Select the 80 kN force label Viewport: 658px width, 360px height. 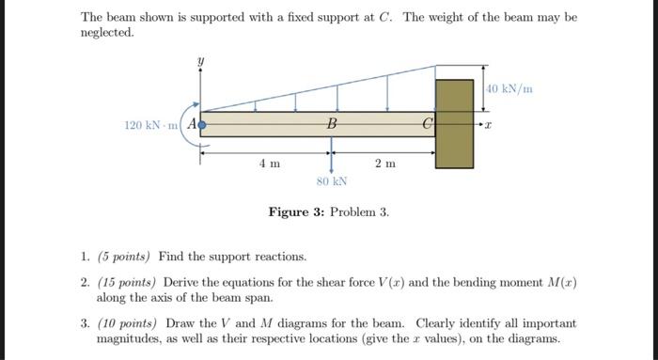pos(332,180)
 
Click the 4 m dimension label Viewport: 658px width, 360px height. pos(270,164)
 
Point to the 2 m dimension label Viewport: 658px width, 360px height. pos(384,164)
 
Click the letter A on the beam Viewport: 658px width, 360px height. pos(192,123)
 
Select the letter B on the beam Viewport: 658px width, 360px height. pos(331,123)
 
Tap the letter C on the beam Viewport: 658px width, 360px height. pos(428,123)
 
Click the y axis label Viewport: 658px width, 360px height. pos(199,61)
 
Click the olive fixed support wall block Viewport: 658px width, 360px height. pos(454,123)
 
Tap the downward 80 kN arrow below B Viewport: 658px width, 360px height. pos(332,156)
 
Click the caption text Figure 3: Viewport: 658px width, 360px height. pos(293,212)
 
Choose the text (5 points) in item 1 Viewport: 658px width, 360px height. pos(126,256)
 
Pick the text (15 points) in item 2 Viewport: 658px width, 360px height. pos(129,282)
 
